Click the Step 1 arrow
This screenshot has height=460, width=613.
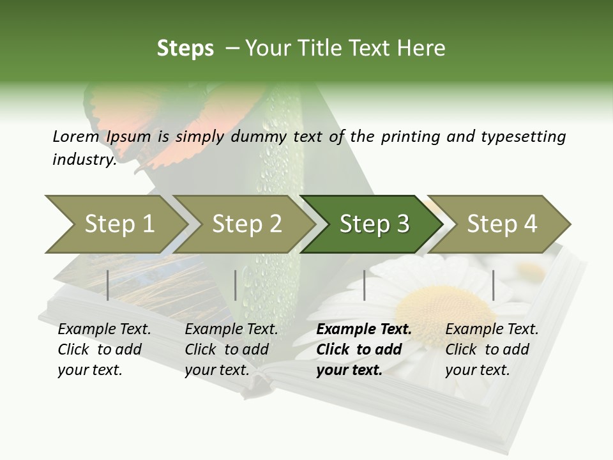pos(118,224)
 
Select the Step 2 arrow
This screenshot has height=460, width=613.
pos(246,224)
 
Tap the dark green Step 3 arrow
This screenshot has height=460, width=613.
pos(374,224)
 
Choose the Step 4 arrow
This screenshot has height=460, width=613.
pos(501,224)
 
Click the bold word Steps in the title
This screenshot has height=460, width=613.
pos(185,49)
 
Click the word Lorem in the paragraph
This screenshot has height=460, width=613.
pos(75,136)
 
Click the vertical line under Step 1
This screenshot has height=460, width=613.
pos(108,285)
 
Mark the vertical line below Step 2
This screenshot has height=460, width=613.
pos(236,285)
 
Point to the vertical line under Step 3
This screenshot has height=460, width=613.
pos(365,285)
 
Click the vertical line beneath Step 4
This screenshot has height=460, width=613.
pos(493,285)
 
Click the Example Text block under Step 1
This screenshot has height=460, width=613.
pos(104,349)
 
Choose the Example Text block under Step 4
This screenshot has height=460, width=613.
pos(492,349)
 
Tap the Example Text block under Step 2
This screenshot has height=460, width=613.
pos(231,349)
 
